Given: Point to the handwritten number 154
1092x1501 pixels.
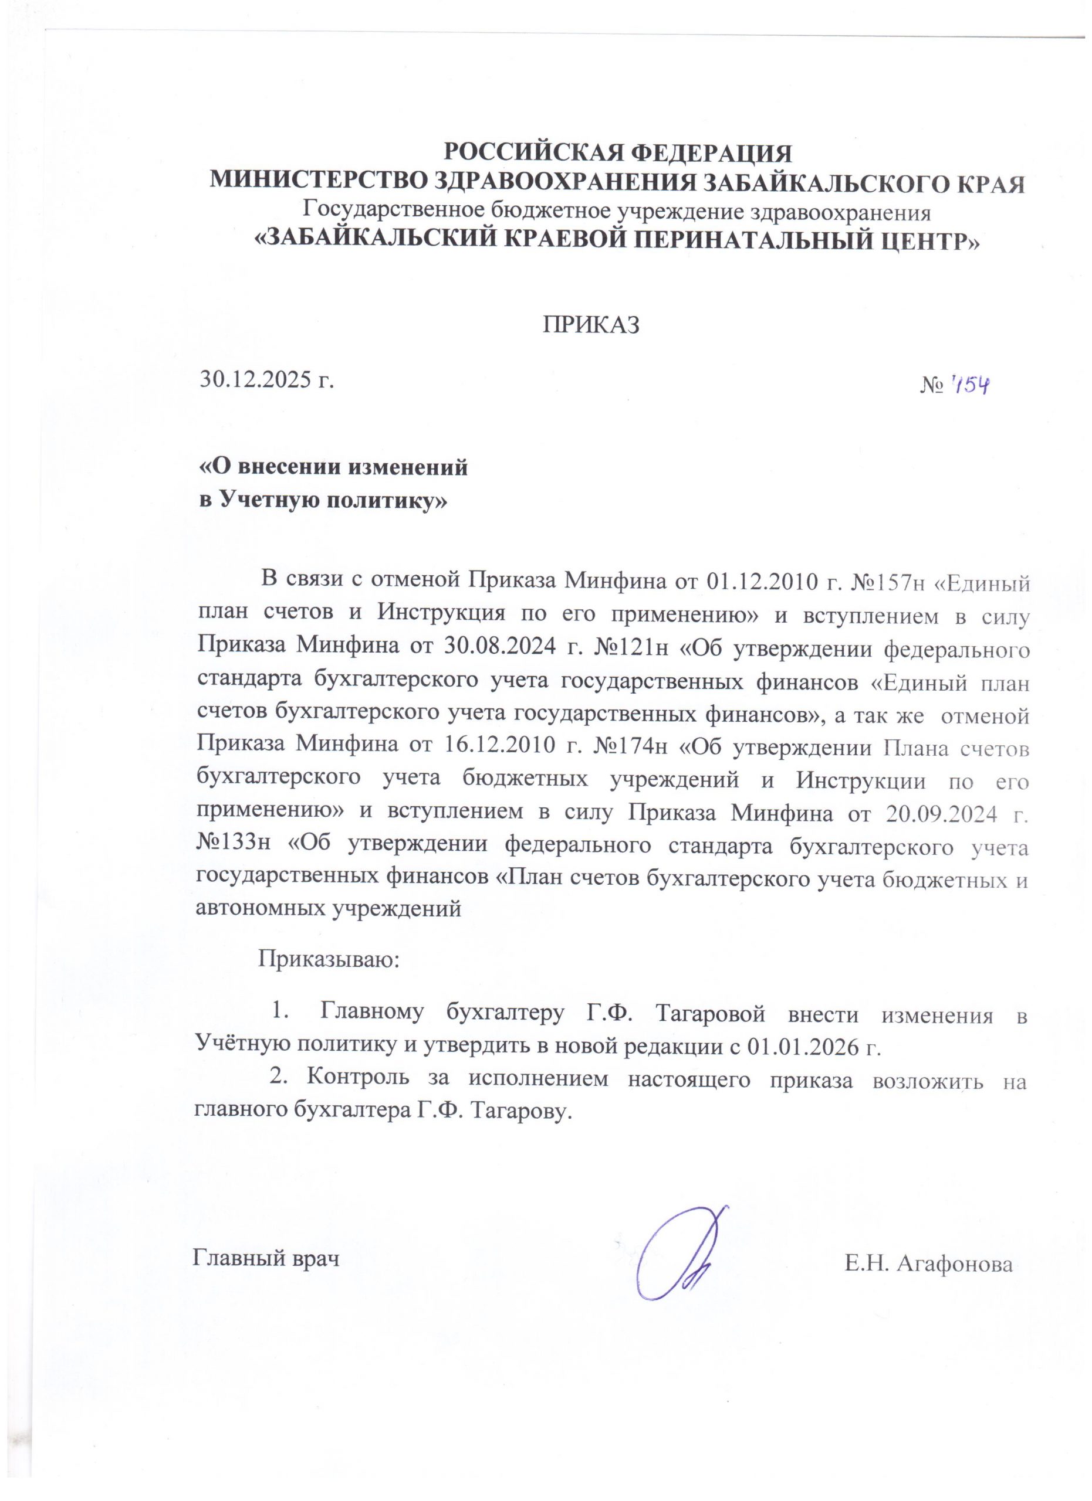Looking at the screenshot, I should click(x=969, y=385).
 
